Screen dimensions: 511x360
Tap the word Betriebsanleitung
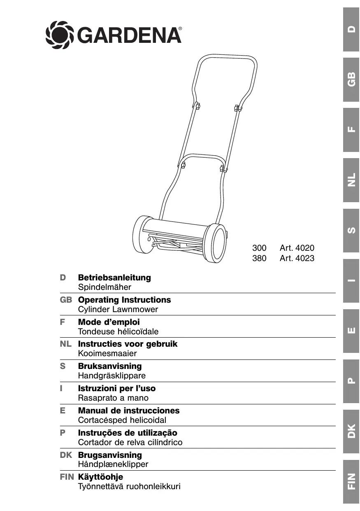click(114, 278)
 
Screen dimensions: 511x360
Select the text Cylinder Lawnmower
click(118, 309)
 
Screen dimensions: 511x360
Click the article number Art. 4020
click(297, 248)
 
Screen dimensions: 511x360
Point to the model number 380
click(259, 259)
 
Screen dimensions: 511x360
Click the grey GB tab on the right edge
click(351, 79)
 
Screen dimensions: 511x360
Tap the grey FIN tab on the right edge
click(351, 481)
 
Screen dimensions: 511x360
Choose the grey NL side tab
click(351, 180)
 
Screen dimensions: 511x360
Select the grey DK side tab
click(351, 431)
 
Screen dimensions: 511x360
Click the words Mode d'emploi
click(109, 322)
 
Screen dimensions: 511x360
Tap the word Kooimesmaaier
click(107, 353)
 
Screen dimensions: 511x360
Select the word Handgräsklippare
click(111, 376)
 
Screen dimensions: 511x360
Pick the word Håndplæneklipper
click(113, 464)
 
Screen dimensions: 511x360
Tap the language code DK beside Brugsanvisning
click(66, 455)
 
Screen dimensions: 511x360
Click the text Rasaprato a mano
click(113, 398)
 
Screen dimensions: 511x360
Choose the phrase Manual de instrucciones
click(129, 411)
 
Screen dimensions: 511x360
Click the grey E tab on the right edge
click(351, 330)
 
